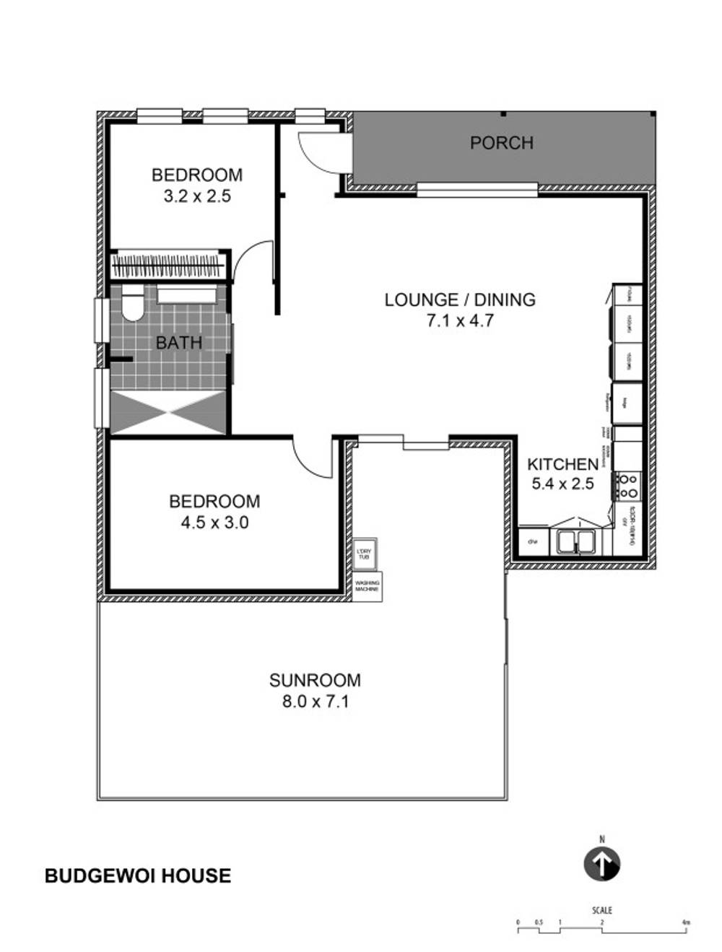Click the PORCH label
click(501, 143)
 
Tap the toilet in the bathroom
click(131, 304)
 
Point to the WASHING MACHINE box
click(367, 587)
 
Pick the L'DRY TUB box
click(364, 554)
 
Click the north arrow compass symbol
click(601, 863)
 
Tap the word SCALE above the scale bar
click(601, 910)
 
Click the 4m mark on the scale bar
click(684, 922)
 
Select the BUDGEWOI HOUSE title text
click(138, 875)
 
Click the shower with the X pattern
click(169, 412)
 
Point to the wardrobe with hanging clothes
click(168, 264)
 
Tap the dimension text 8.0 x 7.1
click(316, 701)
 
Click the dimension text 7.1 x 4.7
click(460, 320)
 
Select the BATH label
click(179, 342)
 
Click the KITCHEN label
click(562, 464)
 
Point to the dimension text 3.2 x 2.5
click(197, 196)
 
